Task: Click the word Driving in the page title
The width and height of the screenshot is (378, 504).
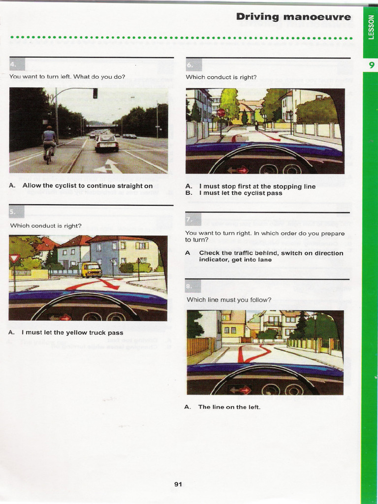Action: [x=257, y=17]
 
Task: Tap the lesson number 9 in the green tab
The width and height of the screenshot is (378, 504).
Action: [x=371, y=65]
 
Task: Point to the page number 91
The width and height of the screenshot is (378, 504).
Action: [x=178, y=484]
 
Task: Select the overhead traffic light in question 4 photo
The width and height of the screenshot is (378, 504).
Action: [x=95, y=93]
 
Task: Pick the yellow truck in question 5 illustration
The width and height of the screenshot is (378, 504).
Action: [x=92, y=270]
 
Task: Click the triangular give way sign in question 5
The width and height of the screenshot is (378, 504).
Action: [x=14, y=258]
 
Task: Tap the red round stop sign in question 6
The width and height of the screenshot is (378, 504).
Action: [x=221, y=113]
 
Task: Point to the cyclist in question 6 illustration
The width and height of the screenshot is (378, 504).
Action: [x=256, y=126]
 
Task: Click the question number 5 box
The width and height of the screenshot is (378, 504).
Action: [x=16, y=212]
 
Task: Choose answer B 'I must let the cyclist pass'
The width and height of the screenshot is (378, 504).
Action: [x=240, y=193]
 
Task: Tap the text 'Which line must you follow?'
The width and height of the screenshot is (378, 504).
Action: [x=229, y=300]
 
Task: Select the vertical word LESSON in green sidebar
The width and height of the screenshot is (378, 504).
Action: [x=371, y=27]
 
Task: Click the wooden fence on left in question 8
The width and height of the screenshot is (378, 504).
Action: [x=198, y=346]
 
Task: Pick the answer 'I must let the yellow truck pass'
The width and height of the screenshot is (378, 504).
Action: [x=72, y=333]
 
